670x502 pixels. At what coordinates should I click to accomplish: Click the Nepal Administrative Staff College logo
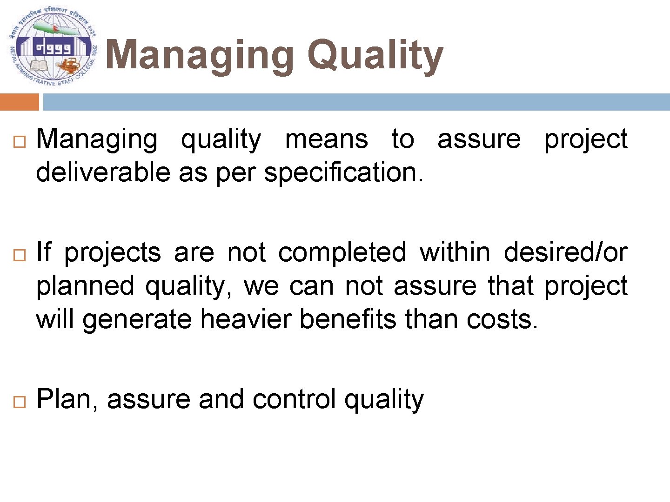[x=53, y=47]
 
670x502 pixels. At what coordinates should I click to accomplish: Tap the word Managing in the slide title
[x=200, y=56]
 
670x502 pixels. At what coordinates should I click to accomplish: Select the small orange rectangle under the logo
[x=20, y=102]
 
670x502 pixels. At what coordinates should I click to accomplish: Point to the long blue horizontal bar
[x=356, y=102]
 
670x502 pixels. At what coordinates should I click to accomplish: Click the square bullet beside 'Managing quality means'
[x=19, y=143]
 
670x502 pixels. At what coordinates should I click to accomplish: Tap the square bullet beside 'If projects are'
[x=19, y=255]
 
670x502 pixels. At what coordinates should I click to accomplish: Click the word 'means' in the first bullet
[x=326, y=139]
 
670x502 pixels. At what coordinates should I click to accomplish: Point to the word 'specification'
[x=342, y=173]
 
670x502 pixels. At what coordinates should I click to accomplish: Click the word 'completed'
[x=342, y=253]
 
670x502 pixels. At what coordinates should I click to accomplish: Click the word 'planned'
[x=85, y=286]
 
